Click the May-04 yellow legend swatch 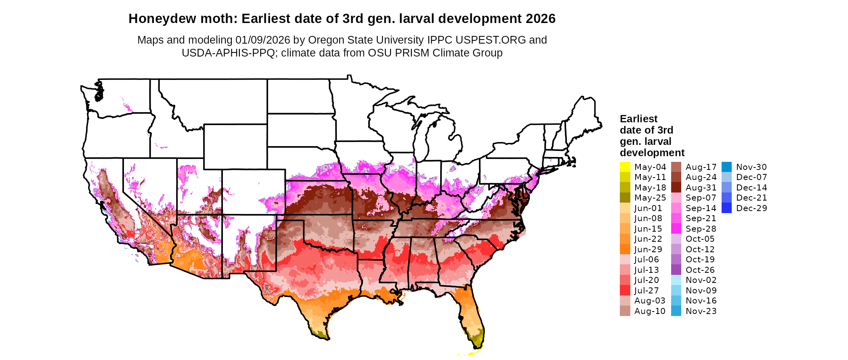[625, 167]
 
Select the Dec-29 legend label [751, 208]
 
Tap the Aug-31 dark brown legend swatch [676, 188]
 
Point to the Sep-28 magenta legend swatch [676, 229]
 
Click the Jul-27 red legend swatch [625, 291]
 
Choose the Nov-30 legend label [751, 167]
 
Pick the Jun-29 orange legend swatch [625, 249]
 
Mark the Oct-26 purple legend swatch [676, 270]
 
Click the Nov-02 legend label [701, 280]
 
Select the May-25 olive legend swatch [625, 198]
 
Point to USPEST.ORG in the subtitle [491, 40]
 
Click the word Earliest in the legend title [638, 119]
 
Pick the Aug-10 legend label [650, 311]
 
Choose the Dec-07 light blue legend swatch [726, 177]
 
